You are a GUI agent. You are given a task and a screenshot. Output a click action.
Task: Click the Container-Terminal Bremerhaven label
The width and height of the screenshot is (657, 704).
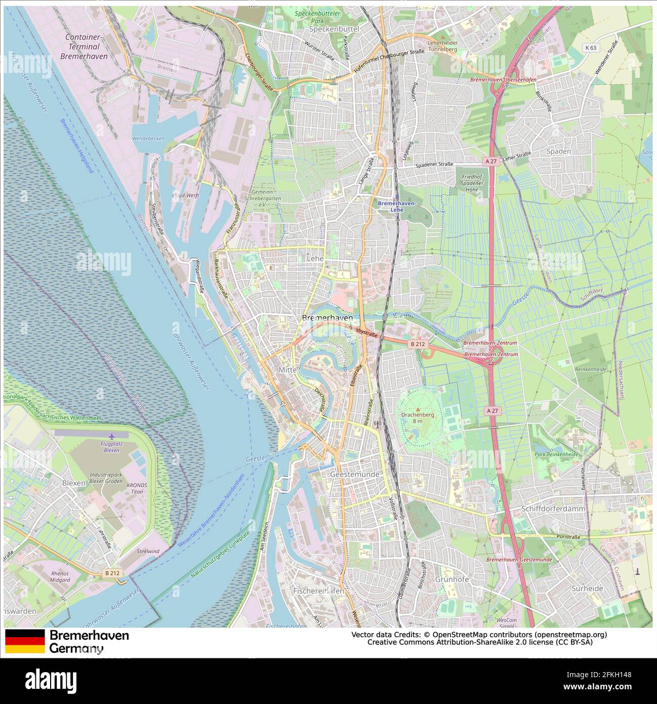pos(84,47)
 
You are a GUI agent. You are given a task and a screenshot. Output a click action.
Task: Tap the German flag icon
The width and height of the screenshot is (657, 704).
pos(25,641)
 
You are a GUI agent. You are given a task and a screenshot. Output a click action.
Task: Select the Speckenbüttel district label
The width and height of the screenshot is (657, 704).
pos(334,29)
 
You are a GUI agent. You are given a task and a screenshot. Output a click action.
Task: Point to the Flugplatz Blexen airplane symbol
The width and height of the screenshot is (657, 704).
pos(111,436)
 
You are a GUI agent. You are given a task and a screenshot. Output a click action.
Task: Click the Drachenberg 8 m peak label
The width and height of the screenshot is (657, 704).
pos(418,417)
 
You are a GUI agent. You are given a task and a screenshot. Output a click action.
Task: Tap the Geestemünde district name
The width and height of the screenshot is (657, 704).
pos(354,474)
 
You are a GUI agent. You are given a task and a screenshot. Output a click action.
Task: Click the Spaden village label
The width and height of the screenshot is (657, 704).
pos(558,151)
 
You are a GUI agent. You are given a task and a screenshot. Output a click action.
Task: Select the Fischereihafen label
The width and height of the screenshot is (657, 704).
pos(318,591)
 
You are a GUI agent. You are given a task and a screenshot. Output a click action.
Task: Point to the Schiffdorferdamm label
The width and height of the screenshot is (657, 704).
pos(553,509)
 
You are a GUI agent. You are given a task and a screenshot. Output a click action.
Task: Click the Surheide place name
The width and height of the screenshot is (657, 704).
pos(587,588)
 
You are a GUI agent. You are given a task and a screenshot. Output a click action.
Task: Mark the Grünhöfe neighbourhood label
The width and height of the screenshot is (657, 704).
pos(452,579)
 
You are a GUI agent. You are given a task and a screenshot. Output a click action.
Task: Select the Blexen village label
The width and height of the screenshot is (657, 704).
pos(73,483)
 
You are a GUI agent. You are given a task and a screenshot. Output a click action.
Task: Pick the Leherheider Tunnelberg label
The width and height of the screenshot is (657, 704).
pos(442,46)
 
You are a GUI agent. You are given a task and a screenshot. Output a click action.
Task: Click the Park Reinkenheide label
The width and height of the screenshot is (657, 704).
pos(556,454)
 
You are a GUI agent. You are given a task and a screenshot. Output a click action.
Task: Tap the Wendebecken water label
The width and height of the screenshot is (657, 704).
pos(148,138)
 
